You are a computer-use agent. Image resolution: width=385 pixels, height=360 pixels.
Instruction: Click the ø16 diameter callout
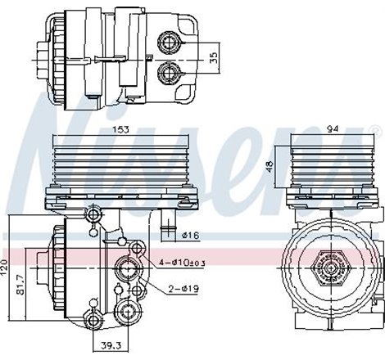point(191,236)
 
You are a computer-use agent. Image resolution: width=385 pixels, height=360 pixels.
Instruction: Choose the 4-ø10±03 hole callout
point(182,262)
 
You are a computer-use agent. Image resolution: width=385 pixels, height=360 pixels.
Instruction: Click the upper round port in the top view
point(170,41)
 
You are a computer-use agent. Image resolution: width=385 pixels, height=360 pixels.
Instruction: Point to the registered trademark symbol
point(375,130)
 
